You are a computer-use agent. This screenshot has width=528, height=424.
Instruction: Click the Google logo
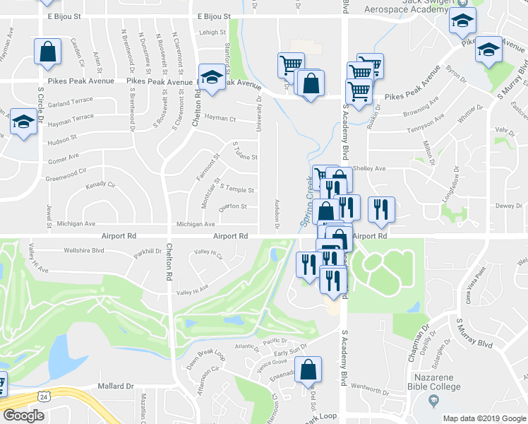tap(24, 416)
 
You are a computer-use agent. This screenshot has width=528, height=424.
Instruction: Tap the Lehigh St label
tap(211, 32)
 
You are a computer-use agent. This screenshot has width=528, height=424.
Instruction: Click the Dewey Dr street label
tap(508, 206)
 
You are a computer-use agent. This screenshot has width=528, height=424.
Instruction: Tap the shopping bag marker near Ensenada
tap(308, 369)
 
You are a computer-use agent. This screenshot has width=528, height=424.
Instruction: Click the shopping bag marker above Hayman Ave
tap(47, 52)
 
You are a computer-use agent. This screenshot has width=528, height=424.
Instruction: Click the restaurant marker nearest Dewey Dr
tap(381, 208)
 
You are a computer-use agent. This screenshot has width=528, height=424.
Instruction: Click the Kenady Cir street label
tap(100, 185)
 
